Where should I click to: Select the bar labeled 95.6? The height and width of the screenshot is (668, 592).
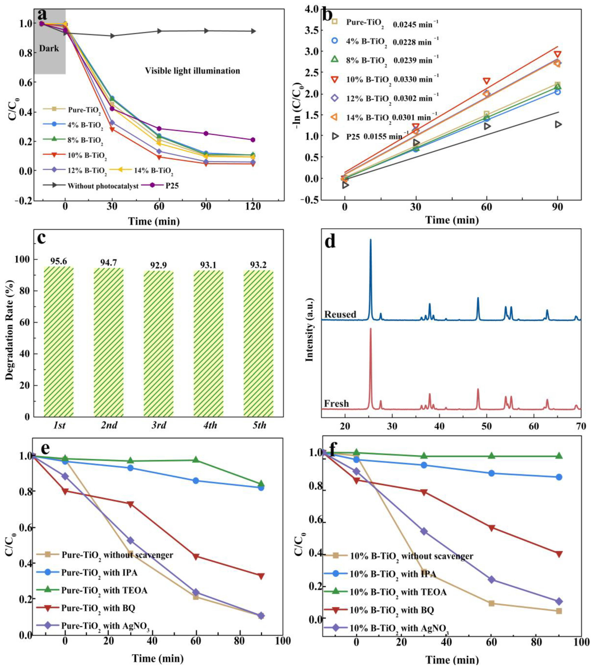pos(59,342)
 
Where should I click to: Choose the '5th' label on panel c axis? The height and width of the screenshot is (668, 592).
pos(259,425)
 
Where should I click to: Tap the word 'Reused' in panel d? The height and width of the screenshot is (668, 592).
pos(340,314)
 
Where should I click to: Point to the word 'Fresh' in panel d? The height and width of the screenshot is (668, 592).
pos(337,404)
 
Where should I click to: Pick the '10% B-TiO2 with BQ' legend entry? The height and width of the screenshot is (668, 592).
pos(392,610)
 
